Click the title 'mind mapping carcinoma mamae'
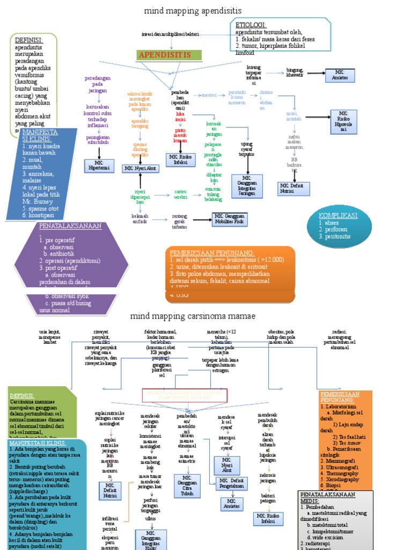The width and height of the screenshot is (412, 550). [192, 315]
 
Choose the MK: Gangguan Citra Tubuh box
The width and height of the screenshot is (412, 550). [187, 486]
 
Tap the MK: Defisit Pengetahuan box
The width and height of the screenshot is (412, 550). [231, 483]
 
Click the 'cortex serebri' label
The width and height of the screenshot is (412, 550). [180, 194]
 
